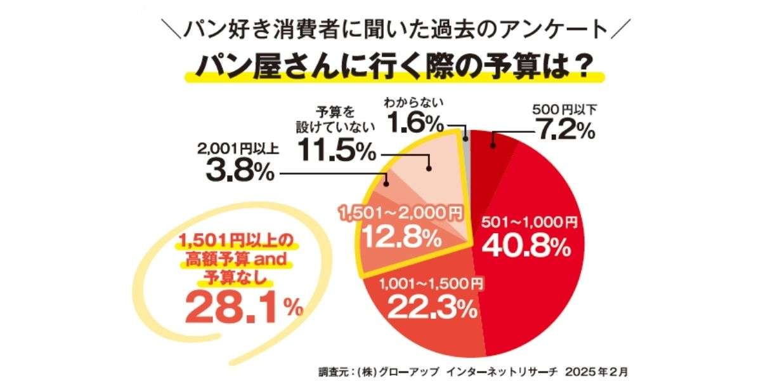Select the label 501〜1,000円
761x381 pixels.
[x=530, y=222]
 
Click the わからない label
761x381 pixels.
[x=413, y=100]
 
